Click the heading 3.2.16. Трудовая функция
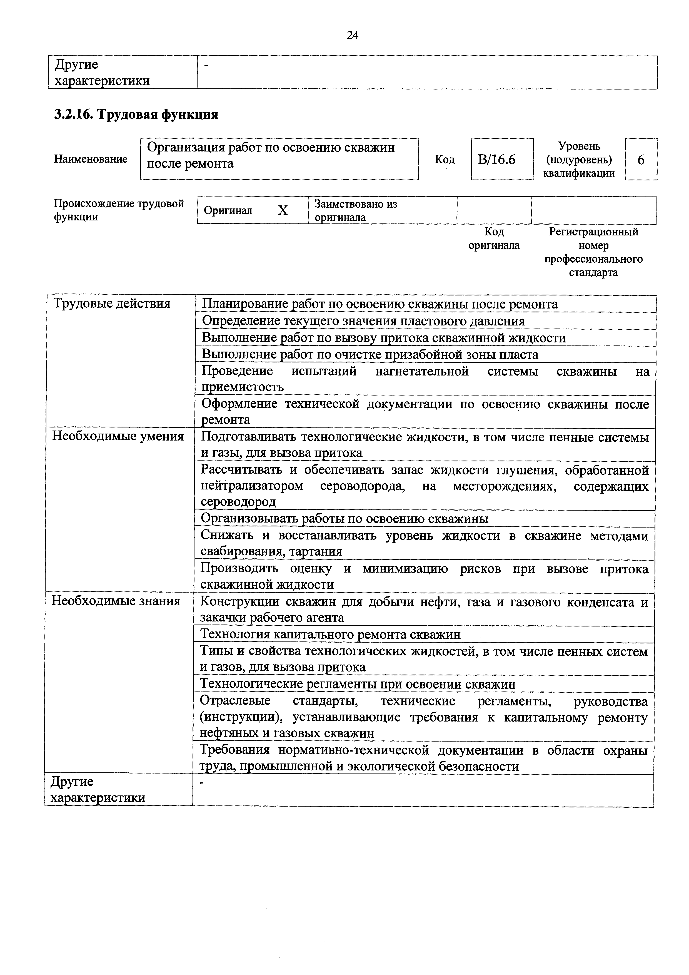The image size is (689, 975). tap(136, 114)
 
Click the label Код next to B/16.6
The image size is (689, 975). tap(445, 160)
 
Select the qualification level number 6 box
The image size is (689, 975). tap(641, 160)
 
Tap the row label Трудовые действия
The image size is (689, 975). tap(112, 303)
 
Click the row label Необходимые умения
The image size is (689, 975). tap(118, 436)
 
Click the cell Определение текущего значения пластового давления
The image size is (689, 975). tap(363, 321)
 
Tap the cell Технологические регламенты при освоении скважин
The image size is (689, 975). tap(358, 684)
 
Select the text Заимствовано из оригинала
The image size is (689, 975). tap(355, 210)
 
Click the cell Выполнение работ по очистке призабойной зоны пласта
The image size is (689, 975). tap(370, 354)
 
